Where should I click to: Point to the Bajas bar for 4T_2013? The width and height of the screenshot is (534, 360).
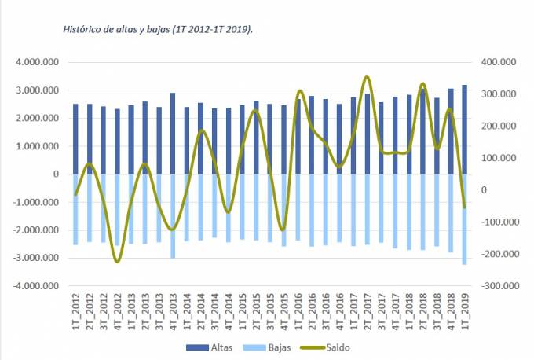[172, 216]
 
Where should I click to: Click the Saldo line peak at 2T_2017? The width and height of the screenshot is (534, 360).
[367, 77]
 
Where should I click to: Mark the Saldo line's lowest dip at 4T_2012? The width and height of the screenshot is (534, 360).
[118, 261]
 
